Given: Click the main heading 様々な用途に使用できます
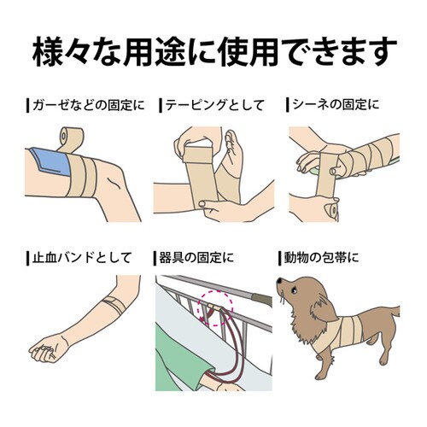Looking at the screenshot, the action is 214,52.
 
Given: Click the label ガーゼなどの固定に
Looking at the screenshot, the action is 89,105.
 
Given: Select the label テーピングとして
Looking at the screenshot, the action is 214,105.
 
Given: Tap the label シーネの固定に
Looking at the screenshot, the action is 336,104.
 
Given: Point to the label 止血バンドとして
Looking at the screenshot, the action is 82,258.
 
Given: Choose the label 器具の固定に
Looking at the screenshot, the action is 196,258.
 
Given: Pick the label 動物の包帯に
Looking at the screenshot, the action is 321,258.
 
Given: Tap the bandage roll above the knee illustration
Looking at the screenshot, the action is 71,138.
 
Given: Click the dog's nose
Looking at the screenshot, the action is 279,282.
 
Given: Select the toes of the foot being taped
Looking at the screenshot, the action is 231,139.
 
